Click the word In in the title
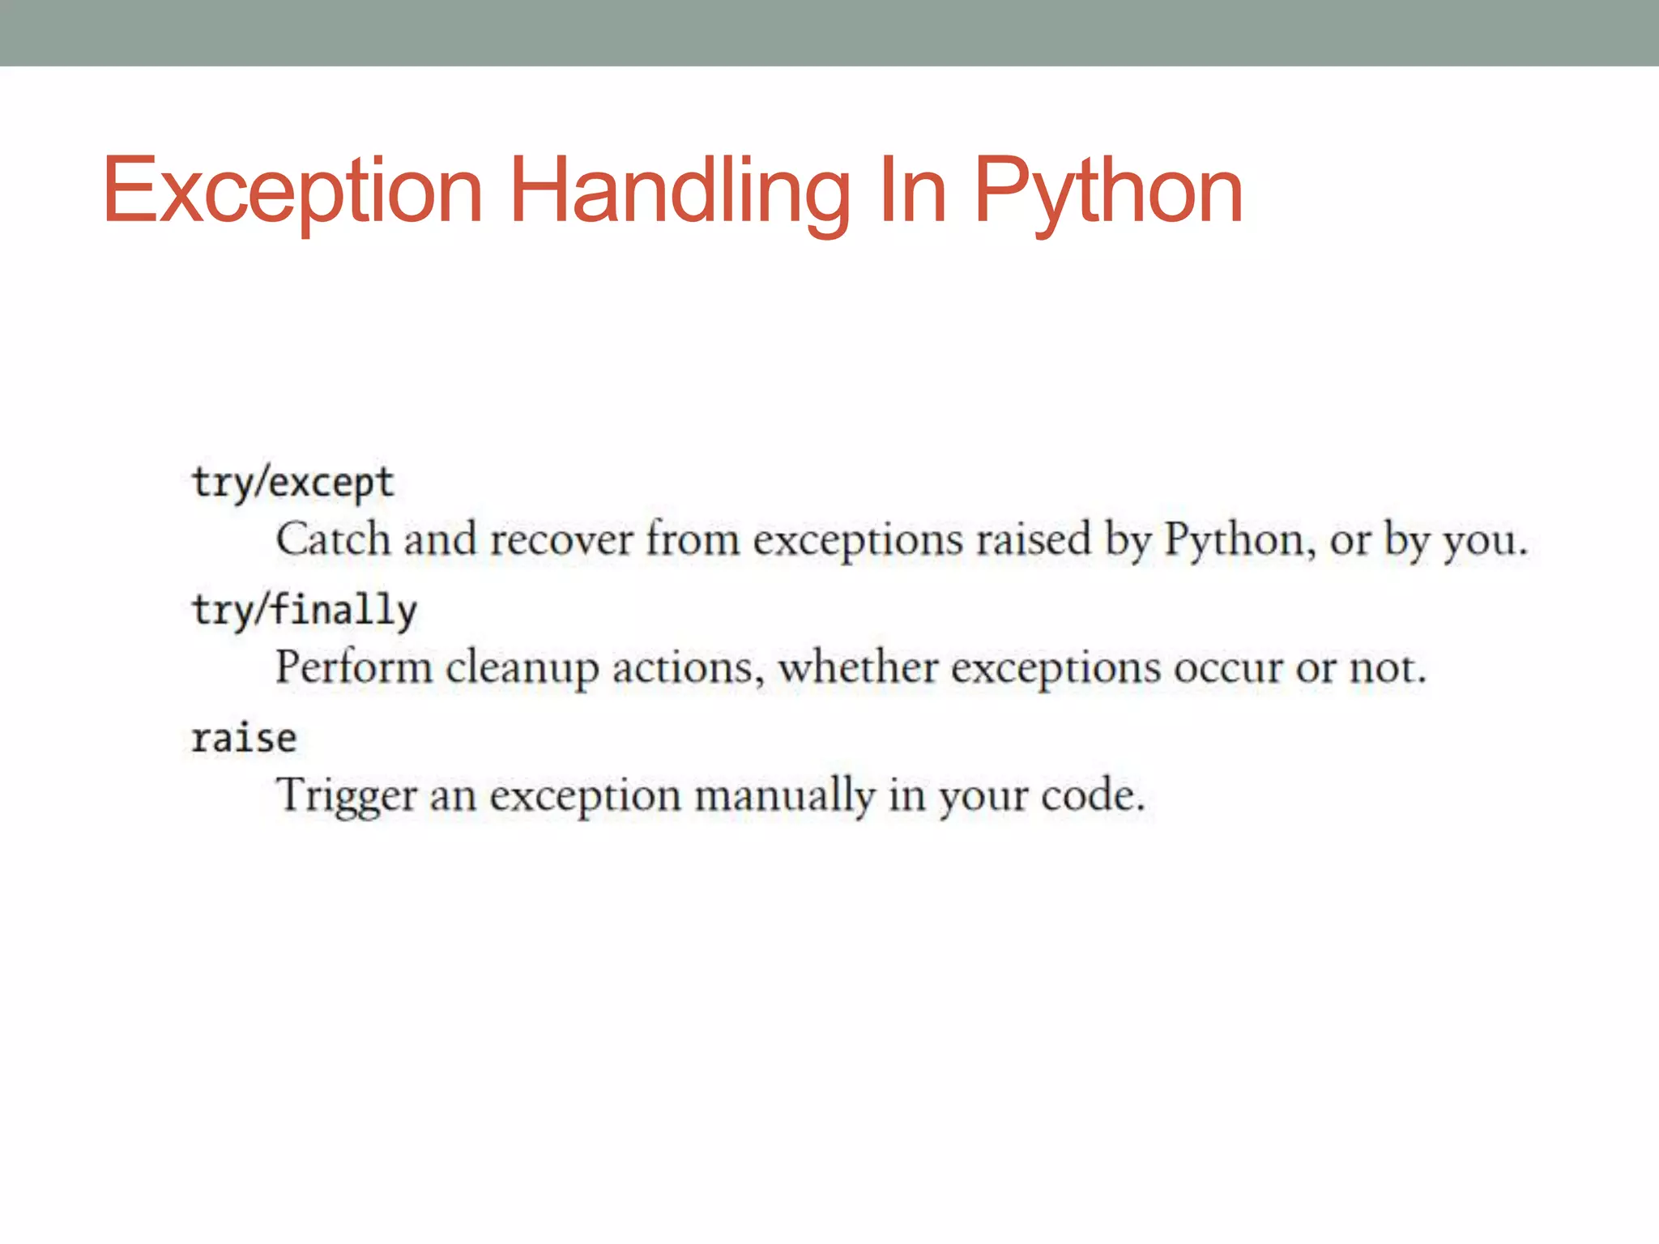pyautogui.click(x=912, y=191)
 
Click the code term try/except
pyautogui.click(x=292, y=484)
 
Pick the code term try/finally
pyautogui.click(x=304, y=611)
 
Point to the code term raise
pyautogui.click(x=244, y=738)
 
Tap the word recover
pyautogui.click(x=561, y=540)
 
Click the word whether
pyautogui.click(x=858, y=668)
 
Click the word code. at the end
pyautogui.click(x=1093, y=795)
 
